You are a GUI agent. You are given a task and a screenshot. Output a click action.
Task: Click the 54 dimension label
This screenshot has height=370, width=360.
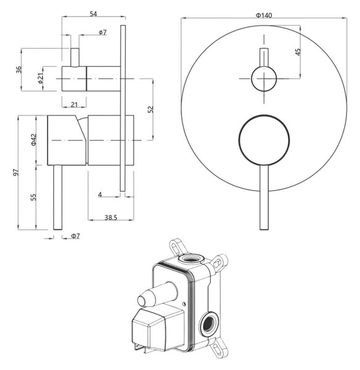(x=94, y=14)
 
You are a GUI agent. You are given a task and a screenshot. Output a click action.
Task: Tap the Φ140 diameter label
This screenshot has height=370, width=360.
(x=264, y=15)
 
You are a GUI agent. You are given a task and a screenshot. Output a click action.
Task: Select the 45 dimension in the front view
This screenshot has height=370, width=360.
(x=298, y=52)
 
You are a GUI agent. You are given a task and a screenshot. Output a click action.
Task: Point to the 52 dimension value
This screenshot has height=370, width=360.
(x=150, y=109)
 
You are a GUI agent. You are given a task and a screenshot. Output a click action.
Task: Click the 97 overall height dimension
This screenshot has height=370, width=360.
(x=15, y=173)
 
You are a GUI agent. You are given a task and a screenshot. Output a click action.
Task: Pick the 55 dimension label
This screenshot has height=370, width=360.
(x=34, y=197)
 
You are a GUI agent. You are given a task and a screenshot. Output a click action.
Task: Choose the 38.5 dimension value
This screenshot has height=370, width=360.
(x=111, y=217)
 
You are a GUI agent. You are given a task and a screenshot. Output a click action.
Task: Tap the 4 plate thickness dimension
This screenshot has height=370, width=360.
(x=100, y=195)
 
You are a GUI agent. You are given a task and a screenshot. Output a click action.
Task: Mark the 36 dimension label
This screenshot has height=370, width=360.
(x=18, y=70)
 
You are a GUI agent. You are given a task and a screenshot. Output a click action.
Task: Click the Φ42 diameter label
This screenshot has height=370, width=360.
(x=34, y=140)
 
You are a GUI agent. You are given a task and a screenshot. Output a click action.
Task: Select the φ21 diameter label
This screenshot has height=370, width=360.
(x=40, y=78)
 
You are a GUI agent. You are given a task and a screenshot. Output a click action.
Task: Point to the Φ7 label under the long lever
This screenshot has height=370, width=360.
(x=76, y=236)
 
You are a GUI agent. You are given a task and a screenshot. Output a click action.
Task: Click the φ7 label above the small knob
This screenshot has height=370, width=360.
(x=102, y=32)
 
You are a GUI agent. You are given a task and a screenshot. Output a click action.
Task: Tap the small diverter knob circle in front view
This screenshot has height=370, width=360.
(x=263, y=78)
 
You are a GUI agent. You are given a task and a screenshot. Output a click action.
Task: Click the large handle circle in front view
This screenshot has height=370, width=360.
(x=264, y=140)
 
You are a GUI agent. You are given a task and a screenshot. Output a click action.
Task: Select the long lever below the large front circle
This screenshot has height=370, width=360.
(x=264, y=197)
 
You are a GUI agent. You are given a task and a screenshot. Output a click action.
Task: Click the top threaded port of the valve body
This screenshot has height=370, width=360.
(x=191, y=258)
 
